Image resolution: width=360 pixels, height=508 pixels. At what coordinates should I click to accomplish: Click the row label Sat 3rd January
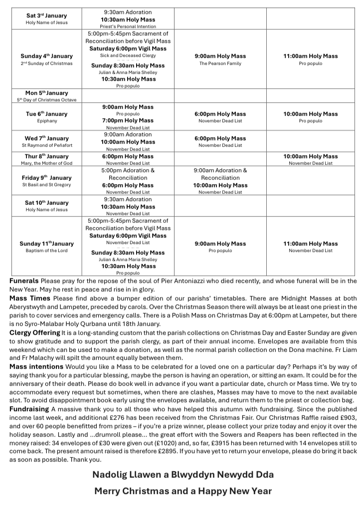point(46,15)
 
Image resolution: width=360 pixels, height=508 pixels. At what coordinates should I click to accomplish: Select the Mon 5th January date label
point(46,93)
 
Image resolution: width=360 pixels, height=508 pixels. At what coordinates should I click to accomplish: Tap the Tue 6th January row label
point(46,114)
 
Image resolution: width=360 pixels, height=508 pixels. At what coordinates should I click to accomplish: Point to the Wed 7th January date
point(46,138)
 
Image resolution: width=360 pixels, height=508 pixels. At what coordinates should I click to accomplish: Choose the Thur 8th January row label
point(46,156)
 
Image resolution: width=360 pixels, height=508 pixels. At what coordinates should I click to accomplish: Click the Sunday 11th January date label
point(46,244)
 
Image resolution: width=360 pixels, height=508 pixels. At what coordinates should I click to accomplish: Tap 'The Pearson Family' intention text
point(220,63)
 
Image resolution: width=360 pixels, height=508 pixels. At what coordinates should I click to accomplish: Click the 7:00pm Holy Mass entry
point(128,120)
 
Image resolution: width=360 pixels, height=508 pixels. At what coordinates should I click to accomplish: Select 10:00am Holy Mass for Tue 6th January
point(310,114)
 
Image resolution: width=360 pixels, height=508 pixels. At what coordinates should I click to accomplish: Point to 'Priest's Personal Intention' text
point(128,26)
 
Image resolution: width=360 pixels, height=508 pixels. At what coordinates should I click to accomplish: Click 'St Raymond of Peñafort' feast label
point(46,145)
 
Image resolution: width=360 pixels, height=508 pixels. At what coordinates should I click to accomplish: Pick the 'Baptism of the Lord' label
point(46,251)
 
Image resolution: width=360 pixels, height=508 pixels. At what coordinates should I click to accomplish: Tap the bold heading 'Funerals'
point(24,281)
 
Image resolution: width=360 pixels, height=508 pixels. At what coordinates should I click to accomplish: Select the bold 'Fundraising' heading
point(30,409)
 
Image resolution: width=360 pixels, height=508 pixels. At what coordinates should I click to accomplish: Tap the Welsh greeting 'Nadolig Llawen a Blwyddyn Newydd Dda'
point(183,475)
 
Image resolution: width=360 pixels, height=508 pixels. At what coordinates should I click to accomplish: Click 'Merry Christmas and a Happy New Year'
point(183,491)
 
